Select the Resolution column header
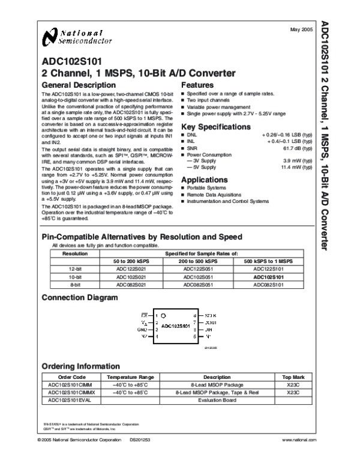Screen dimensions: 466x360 (x=76, y=254)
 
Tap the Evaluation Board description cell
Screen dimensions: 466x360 (x=209, y=399)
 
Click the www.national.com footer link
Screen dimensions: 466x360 (x=298, y=458)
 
